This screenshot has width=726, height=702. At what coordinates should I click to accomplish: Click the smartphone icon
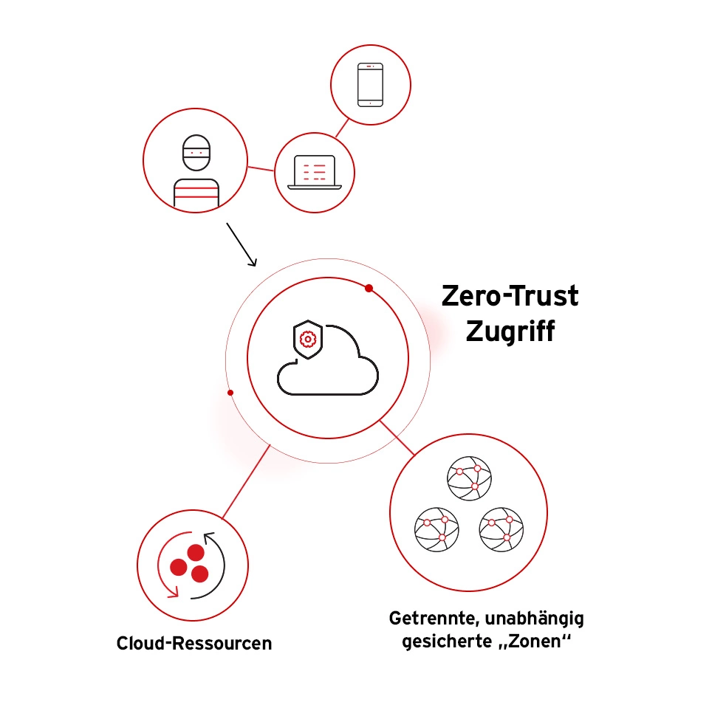370,84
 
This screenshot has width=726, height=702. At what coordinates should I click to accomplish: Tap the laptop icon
314,173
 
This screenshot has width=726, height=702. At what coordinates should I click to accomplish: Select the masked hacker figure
196,170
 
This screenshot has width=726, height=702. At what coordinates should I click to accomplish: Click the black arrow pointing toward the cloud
241,244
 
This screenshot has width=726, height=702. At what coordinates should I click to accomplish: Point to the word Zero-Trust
510,297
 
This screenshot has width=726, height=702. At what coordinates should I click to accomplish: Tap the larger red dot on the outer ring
369,288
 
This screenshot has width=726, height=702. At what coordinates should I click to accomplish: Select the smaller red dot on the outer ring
230,393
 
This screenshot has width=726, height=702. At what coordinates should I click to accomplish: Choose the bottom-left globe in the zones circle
436,529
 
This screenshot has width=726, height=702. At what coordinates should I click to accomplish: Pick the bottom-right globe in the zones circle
501,529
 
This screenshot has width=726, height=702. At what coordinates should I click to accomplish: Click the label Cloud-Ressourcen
194,644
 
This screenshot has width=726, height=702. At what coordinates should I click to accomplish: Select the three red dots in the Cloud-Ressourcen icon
188,563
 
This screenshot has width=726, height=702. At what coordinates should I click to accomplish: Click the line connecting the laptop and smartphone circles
341,127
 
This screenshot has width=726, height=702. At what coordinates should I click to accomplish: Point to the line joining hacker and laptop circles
261,169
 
